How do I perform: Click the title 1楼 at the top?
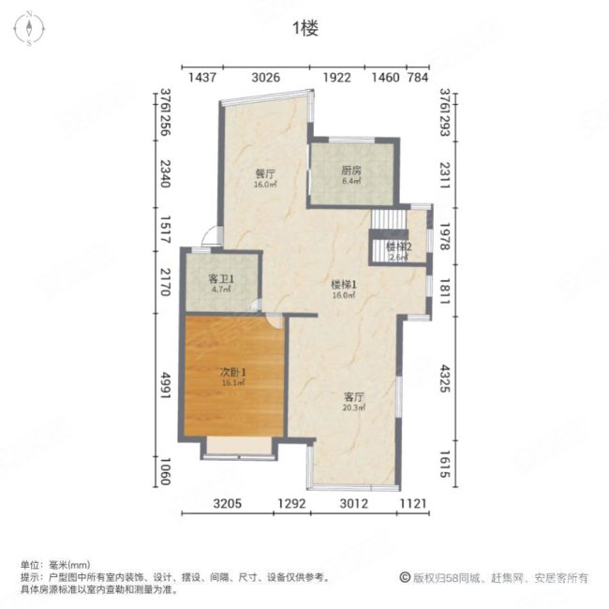[x=305, y=29]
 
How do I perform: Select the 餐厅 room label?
[x=264, y=174]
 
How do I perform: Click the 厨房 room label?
[x=350, y=171]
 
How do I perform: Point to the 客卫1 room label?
[x=219, y=280]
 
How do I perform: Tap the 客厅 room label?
[x=352, y=396]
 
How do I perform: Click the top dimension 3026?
[x=266, y=77]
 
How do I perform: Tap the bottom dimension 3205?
[x=228, y=505]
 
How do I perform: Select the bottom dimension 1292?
[x=291, y=505]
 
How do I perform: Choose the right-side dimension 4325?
[x=446, y=391]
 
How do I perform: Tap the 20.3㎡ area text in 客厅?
[x=352, y=408]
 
